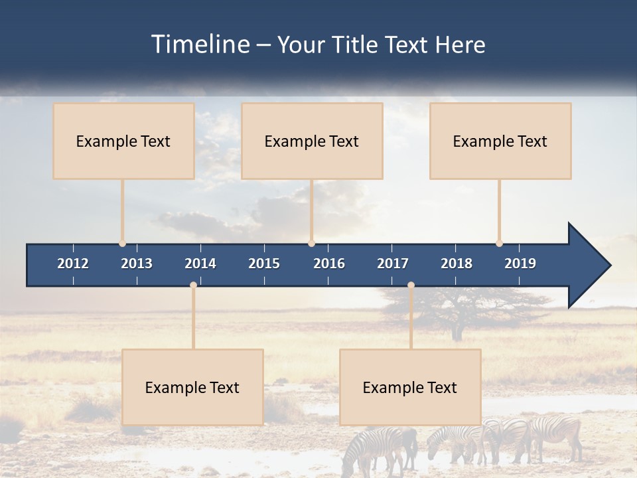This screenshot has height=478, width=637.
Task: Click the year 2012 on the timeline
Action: [73, 264]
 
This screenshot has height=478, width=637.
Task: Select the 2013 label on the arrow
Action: [137, 264]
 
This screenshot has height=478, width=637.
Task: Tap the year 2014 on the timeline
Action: [200, 264]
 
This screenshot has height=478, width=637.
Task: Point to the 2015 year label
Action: [264, 264]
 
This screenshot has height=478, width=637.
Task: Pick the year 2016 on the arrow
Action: [329, 264]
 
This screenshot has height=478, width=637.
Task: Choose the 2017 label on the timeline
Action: [393, 264]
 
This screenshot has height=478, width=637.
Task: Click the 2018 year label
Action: [457, 264]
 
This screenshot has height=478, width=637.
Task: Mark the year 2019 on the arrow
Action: [520, 264]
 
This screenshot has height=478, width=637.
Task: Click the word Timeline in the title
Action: [200, 44]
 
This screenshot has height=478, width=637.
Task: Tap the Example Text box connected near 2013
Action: [123, 141]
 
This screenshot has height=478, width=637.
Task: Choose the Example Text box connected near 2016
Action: [312, 141]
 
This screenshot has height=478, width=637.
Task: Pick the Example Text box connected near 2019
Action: [500, 141]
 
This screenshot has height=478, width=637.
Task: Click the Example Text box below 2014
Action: [192, 387]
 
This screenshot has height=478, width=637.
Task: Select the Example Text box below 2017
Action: [410, 387]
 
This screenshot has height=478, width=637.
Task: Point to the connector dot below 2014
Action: [193, 285]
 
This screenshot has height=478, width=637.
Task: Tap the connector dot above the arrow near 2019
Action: [499, 243]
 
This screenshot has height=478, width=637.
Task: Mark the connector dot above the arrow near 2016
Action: [311, 243]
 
